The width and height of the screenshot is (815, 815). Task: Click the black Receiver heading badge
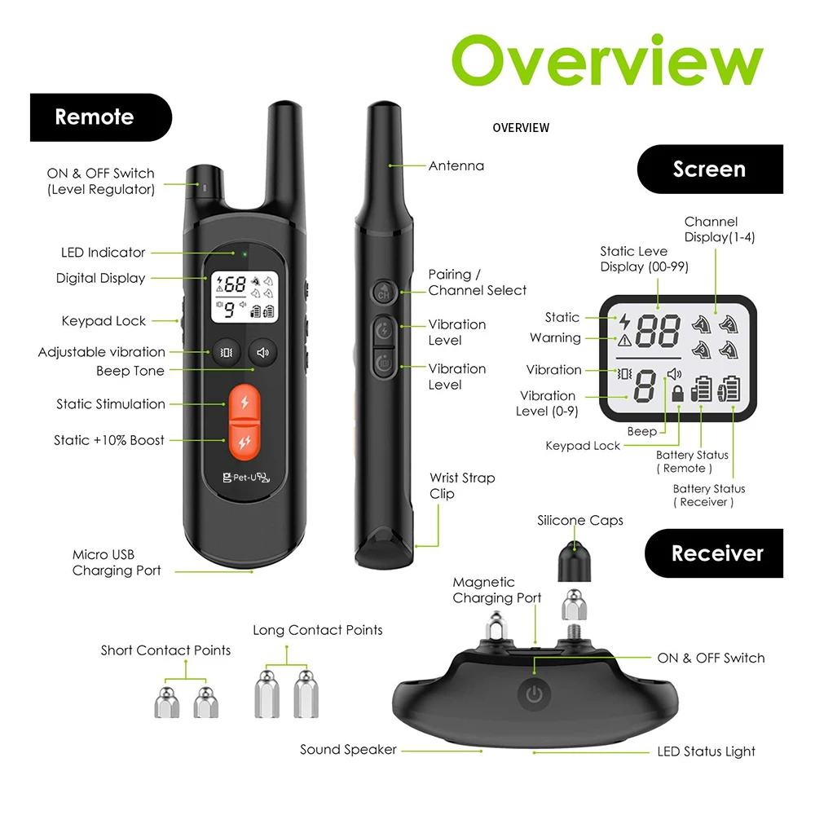[x=714, y=553]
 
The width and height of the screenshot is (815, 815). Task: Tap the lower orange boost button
[x=242, y=441]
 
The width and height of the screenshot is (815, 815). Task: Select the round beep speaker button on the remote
[x=262, y=353]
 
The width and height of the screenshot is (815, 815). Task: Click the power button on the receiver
[x=534, y=695]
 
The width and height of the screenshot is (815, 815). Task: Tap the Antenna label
[x=456, y=166]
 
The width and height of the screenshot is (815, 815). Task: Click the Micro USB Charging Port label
[x=117, y=563]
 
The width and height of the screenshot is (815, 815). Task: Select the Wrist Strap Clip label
[x=462, y=486]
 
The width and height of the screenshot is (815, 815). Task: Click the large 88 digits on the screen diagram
[x=658, y=333]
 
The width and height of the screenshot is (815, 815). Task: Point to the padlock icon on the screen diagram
[x=677, y=394]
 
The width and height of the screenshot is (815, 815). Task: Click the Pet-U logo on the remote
[x=242, y=478]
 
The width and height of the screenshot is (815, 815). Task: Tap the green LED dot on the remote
[x=244, y=253]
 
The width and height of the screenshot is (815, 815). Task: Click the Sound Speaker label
[x=348, y=750]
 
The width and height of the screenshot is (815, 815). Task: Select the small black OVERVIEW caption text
[x=521, y=128]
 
